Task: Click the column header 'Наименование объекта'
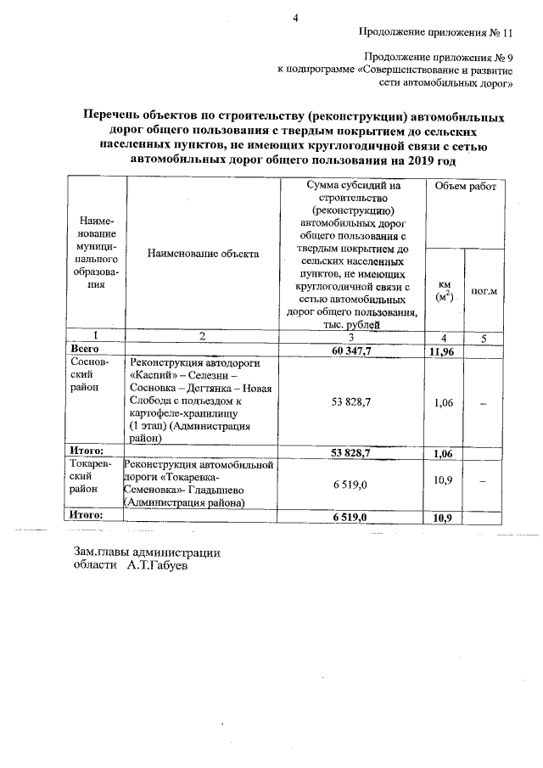203,253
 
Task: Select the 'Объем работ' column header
466,185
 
